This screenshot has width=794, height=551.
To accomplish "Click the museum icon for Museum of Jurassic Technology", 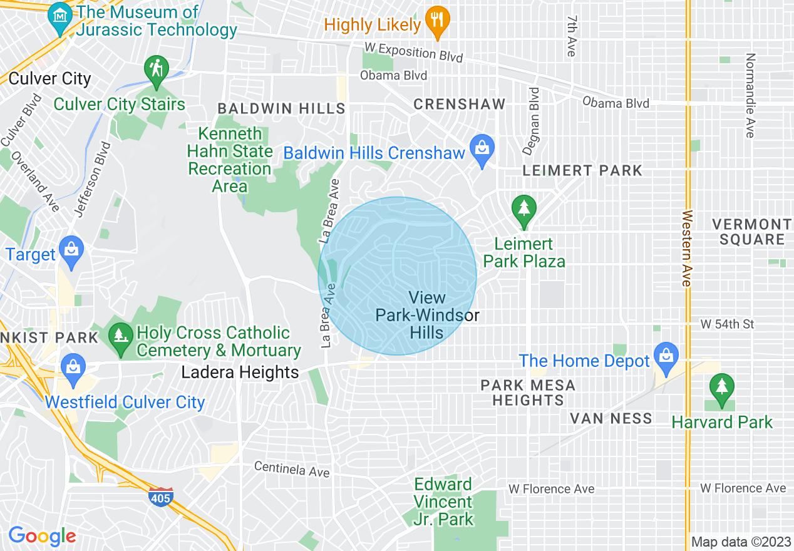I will click(x=60, y=13).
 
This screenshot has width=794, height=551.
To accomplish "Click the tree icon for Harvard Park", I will click(x=722, y=388).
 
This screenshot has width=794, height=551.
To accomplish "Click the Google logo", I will click(x=42, y=536).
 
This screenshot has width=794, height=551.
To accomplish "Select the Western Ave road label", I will click(x=688, y=248).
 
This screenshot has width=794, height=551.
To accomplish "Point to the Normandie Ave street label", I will click(x=750, y=95).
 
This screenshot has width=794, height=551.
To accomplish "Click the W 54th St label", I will click(x=727, y=324).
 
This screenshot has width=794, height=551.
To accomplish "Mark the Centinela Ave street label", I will click(x=291, y=469).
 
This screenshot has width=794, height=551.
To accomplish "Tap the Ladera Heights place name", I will click(x=240, y=373).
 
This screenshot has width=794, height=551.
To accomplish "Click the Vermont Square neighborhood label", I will click(x=751, y=232).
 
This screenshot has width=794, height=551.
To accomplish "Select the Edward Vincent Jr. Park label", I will click(x=443, y=502).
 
